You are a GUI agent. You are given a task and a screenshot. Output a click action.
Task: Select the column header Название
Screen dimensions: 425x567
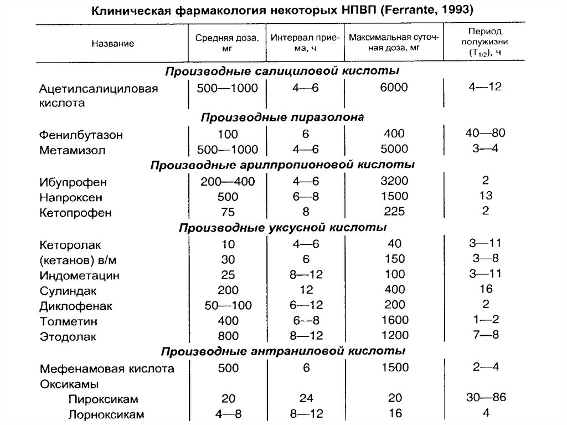click(116, 43)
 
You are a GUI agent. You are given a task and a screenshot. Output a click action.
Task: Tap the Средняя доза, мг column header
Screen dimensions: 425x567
click(226, 43)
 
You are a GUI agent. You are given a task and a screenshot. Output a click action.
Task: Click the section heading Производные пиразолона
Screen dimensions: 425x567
click(282, 117)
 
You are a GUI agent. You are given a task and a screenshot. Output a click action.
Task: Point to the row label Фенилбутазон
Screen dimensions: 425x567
click(81, 135)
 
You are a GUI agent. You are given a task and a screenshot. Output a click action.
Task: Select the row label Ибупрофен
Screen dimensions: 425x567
click(73, 182)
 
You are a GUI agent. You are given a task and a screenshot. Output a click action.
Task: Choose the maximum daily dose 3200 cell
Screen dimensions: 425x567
click(394, 181)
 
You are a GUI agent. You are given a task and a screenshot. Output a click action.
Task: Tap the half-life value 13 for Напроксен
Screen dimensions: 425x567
click(486, 195)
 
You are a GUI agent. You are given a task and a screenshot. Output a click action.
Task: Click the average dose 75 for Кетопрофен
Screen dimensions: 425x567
click(227, 212)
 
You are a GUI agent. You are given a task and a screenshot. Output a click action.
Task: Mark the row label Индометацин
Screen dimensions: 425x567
click(80, 275)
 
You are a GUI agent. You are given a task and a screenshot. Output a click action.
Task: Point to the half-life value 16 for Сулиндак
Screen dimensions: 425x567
click(486, 289)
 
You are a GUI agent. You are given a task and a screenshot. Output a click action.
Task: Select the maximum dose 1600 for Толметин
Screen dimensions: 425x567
click(394, 320)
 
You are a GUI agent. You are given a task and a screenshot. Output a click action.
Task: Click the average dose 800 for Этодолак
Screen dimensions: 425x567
click(228, 335)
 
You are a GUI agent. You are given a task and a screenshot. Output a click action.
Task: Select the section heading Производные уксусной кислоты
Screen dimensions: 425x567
click(282, 228)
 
